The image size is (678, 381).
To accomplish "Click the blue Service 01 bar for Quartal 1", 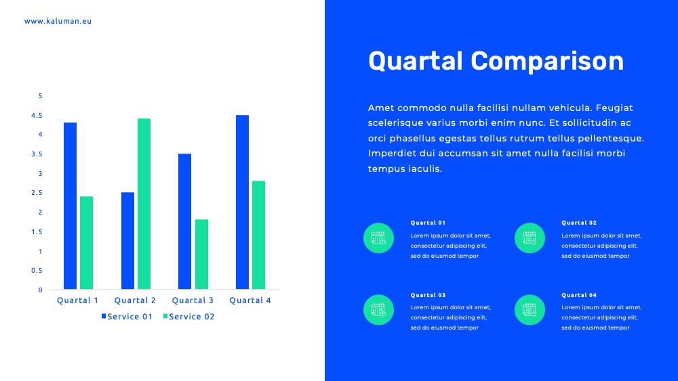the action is pyautogui.click(x=70, y=206).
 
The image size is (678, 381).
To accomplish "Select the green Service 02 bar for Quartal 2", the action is pyautogui.click(x=144, y=204).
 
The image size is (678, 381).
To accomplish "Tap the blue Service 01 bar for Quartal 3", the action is pyautogui.click(x=184, y=221).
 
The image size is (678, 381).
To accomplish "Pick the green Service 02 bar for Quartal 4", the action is pyautogui.click(x=258, y=235).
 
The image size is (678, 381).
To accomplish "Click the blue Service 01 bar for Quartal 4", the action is pyautogui.click(x=242, y=202).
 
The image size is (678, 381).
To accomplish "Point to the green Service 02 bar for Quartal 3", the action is pyautogui.click(x=201, y=254).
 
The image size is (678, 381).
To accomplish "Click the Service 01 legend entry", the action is pyautogui.click(x=127, y=316).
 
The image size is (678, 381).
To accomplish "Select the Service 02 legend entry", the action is pyautogui.click(x=189, y=316).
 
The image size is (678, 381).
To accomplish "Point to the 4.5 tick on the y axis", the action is pyautogui.click(x=37, y=115).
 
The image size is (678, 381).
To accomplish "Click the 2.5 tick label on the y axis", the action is pyautogui.click(x=37, y=192).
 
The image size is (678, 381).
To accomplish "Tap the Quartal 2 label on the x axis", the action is pyautogui.click(x=135, y=300).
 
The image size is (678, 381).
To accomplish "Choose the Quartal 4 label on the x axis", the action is pyautogui.click(x=250, y=300).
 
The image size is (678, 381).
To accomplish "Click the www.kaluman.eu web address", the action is pyautogui.click(x=58, y=21).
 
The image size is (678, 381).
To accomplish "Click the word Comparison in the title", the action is pyautogui.click(x=547, y=61).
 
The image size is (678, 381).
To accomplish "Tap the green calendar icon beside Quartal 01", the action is pyautogui.click(x=378, y=238).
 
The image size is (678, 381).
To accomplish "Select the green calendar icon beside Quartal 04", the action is pyautogui.click(x=530, y=310).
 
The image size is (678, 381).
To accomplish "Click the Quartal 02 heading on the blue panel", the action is pyautogui.click(x=579, y=223).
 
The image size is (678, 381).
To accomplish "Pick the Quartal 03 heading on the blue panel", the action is pyautogui.click(x=428, y=295).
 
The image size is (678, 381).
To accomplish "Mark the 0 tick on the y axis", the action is pyautogui.click(x=40, y=290).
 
